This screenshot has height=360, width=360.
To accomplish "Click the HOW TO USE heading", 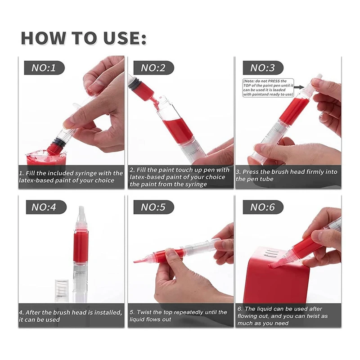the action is (x=84, y=38).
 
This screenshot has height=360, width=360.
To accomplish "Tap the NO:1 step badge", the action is (x=44, y=68).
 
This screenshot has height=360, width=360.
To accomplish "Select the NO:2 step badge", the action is (x=153, y=68).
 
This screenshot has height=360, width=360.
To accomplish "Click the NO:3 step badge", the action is (x=263, y=68).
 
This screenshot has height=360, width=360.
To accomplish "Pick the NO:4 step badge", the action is (x=46, y=207).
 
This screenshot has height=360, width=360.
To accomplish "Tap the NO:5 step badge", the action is (x=153, y=207).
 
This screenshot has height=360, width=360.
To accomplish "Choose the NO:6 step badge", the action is (x=263, y=207).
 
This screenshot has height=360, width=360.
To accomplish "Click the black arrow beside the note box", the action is (x=299, y=87).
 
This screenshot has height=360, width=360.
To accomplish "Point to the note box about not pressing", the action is (x=268, y=88).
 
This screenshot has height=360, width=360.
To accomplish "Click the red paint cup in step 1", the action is (x=46, y=158).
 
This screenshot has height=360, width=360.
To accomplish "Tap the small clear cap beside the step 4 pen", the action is (x=62, y=291).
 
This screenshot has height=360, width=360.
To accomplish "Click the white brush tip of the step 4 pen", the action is (x=81, y=213).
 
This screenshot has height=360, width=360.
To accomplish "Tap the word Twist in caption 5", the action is (x=144, y=312).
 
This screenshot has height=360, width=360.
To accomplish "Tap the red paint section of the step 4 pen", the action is (x=81, y=246).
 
